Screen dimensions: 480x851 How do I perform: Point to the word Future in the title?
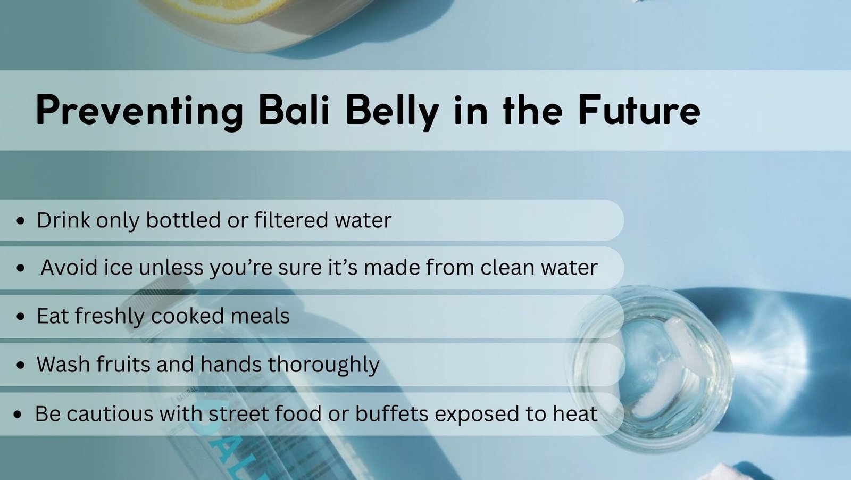639,110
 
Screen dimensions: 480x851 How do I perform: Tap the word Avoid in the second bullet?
69,267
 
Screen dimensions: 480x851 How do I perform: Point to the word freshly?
110,317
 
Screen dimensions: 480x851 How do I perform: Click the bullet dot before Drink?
21,220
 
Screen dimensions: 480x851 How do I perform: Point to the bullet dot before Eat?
21,317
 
